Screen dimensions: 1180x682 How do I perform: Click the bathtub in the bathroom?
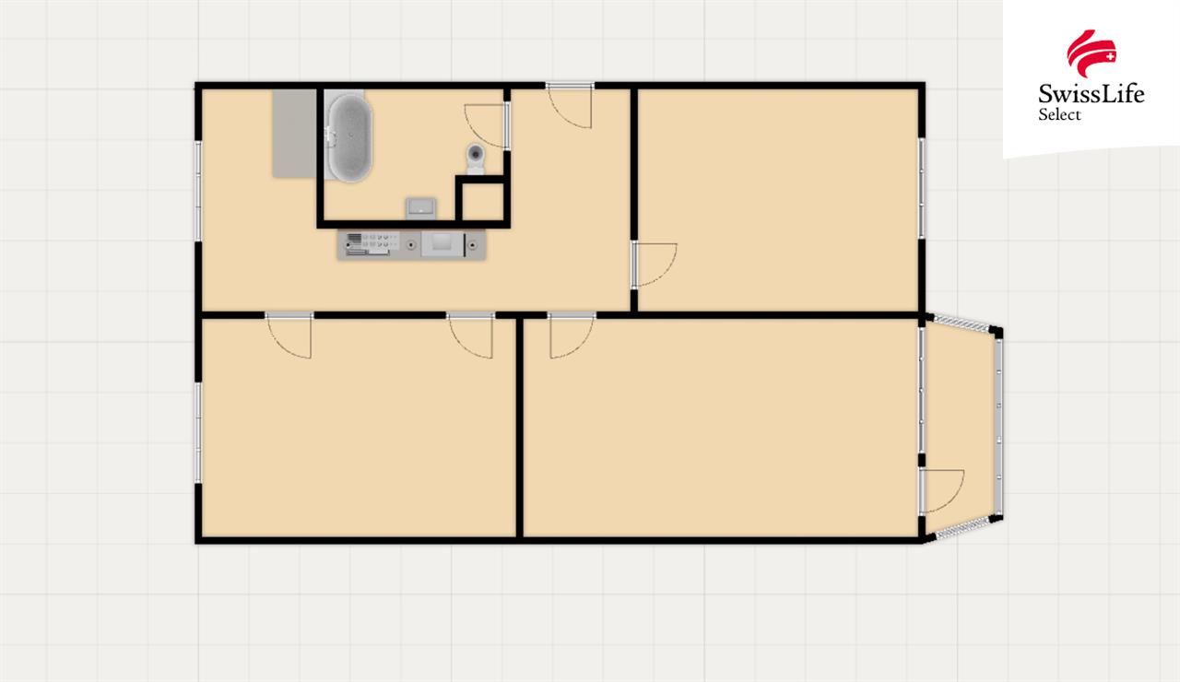click(348, 137)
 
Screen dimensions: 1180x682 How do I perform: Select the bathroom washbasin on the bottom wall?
click(420, 208)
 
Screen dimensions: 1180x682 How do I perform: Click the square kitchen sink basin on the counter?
click(442, 245)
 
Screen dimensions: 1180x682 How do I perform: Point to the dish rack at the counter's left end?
click(368, 245)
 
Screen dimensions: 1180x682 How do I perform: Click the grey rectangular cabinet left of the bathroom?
click(294, 134)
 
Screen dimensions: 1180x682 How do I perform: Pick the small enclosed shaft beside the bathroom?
click(482, 201)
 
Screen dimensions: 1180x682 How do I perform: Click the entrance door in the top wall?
click(570, 105)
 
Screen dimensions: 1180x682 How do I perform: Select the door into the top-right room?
click(655, 265)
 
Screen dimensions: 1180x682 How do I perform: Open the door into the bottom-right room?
click(572, 335)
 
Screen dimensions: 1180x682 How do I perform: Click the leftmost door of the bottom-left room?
click(289, 335)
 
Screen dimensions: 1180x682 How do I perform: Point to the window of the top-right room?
click(922, 189)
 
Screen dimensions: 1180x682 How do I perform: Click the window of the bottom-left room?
click(198, 432)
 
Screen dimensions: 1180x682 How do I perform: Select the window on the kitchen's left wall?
click(198, 192)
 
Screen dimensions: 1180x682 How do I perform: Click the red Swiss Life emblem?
click(1091, 53)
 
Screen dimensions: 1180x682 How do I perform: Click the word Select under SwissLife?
click(1059, 114)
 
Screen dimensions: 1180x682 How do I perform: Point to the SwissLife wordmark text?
click(1091, 94)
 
